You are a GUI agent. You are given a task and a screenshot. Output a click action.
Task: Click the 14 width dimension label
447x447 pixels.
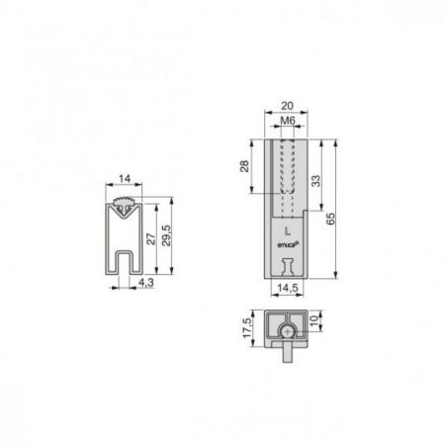pos(125,179)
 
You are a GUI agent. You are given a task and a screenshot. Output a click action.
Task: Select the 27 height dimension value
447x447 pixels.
pos(150,238)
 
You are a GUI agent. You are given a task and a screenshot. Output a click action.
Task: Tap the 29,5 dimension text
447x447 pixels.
pos(166,235)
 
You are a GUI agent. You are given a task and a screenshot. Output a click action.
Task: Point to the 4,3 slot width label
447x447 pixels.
pos(146,283)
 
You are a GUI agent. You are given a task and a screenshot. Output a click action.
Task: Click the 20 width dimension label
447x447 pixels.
pos(287,106)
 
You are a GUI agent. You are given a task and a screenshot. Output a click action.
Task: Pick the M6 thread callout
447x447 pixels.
pos(288,121)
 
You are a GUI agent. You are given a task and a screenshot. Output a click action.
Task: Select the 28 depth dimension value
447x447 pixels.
pos(244,166)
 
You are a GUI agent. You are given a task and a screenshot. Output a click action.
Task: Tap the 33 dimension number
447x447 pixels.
pos(315,181)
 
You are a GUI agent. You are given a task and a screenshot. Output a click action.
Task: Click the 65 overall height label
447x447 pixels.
pos(330,220)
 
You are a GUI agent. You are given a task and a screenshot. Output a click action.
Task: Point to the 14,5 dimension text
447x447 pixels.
pos(288,288)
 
